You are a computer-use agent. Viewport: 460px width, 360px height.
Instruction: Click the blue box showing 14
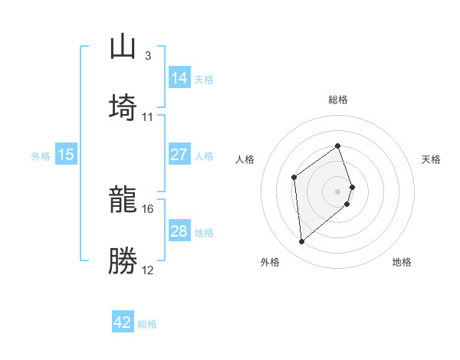[x=179, y=78]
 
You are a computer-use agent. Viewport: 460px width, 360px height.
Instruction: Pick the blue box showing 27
[x=179, y=155]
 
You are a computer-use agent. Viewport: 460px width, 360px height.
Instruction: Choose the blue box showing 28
[x=179, y=231]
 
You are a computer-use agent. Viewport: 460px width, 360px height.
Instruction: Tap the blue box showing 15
[x=66, y=155]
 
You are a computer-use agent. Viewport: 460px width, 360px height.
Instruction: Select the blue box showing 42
[x=123, y=322]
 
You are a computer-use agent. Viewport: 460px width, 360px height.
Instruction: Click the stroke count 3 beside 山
[x=147, y=55]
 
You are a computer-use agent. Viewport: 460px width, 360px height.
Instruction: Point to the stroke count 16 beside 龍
[x=148, y=208]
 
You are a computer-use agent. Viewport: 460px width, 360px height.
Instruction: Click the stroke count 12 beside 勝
[x=148, y=270]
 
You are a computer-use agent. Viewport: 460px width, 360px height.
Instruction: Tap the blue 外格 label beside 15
[x=41, y=156]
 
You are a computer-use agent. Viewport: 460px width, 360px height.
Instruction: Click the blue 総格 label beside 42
[x=147, y=324]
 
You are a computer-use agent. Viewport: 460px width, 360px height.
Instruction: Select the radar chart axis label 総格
[x=338, y=100]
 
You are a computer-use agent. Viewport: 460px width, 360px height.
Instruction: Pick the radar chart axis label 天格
[x=432, y=159]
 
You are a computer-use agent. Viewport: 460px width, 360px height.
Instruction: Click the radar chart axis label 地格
[x=402, y=262]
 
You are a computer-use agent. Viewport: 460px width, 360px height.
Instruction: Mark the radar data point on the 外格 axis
[x=302, y=242]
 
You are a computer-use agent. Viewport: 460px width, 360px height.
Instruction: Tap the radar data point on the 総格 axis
[x=338, y=146]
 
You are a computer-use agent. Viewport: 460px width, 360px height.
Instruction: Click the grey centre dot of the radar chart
[x=338, y=190]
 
